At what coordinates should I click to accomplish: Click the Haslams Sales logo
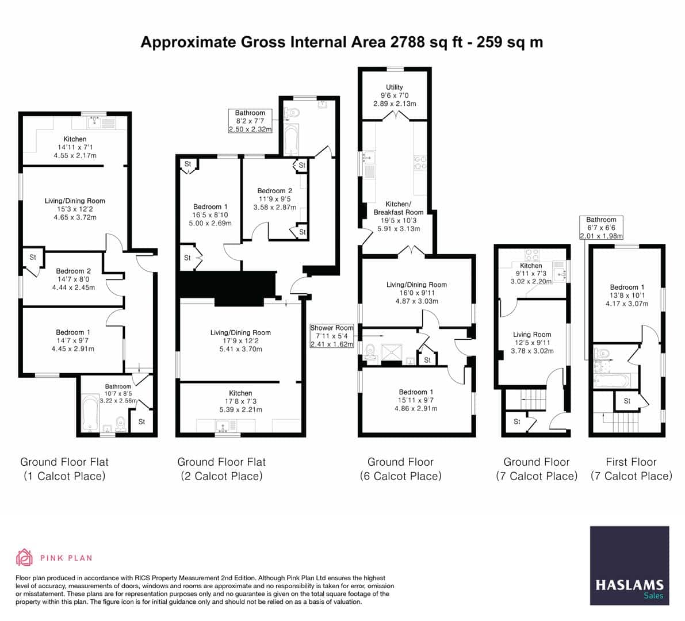[x=629, y=565]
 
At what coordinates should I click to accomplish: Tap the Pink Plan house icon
[x=25, y=557]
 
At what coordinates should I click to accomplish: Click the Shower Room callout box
[x=331, y=336]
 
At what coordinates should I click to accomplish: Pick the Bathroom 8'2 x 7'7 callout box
[x=250, y=121]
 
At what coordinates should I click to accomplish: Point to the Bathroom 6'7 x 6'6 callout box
[x=601, y=228]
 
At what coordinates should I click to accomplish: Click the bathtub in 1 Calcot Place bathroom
[x=91, y=412]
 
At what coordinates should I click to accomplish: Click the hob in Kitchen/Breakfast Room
[x=420, y=162]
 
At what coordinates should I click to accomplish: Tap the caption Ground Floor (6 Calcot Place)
[x=400, y=469]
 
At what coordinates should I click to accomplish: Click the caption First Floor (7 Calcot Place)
[x=631, y=469]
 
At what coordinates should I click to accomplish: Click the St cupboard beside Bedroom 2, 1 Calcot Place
[x=33, y=258]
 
